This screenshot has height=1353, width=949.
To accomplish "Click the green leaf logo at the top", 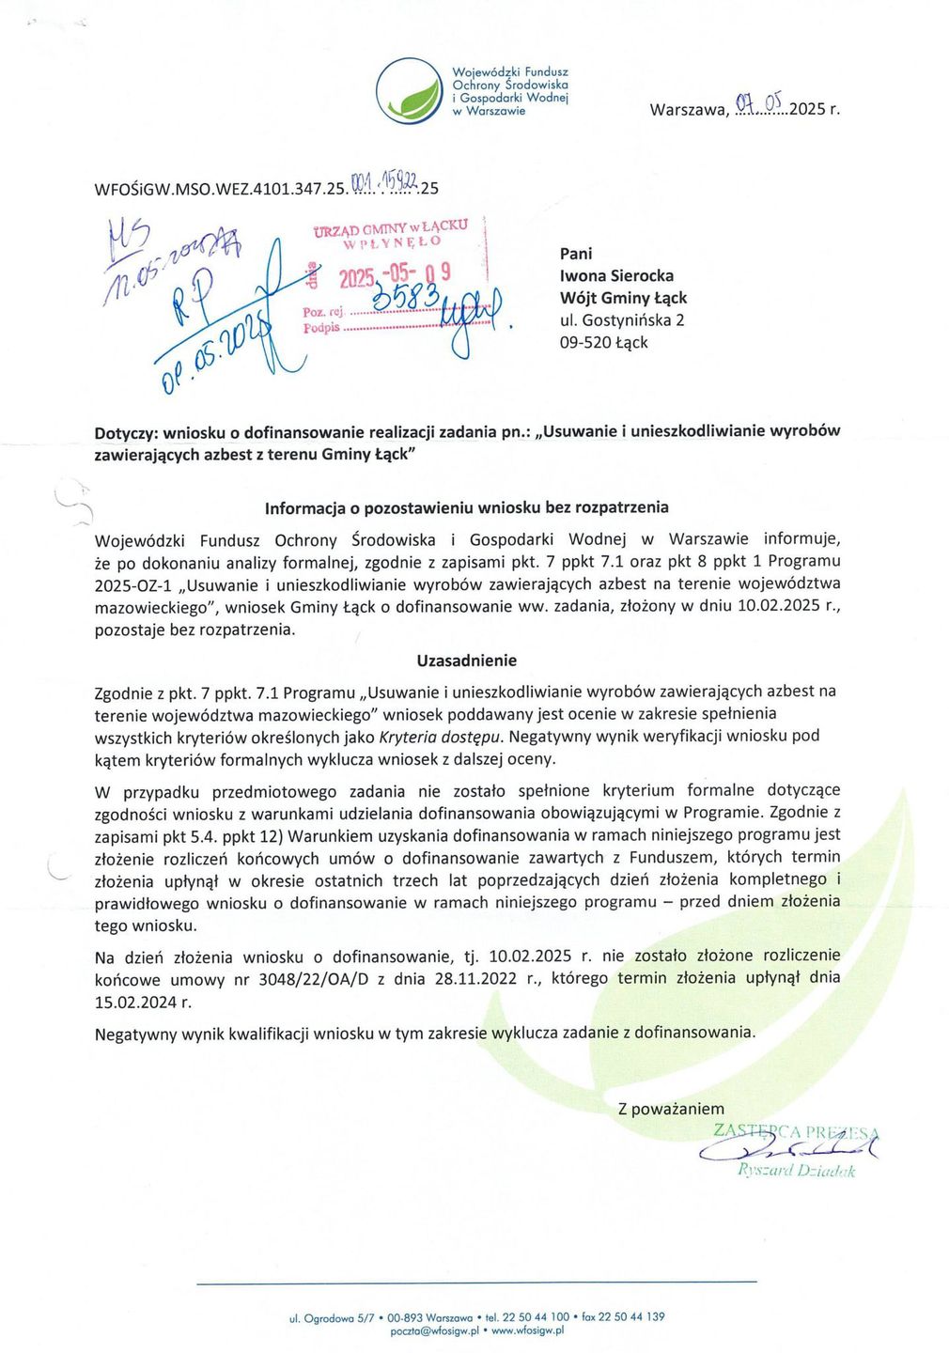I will tap(410, 91).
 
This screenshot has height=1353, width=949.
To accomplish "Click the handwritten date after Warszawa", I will tap(759, 105).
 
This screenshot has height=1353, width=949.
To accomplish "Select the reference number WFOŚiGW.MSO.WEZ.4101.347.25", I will tap(220, 189).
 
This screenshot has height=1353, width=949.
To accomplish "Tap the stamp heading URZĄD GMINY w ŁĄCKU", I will tap(390, 226).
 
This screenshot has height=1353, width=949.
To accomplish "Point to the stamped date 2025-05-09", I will tap(395, 275).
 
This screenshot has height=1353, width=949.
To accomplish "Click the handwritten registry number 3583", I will tap(407, 299).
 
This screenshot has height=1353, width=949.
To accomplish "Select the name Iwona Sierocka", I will tap(616, 275).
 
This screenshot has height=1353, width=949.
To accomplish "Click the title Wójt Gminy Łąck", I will tap(623, 298).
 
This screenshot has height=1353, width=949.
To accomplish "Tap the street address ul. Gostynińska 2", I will tap(622, 320).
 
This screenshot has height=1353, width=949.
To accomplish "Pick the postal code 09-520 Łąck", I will tap(603, 342).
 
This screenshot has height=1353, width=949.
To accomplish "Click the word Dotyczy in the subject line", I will tap(126, 433).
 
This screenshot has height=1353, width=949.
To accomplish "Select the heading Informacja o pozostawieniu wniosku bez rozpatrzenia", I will tap(467, 508).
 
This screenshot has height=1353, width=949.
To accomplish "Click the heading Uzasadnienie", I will tap(467, 661).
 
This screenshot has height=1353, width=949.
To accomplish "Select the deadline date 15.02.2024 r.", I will tap(143, 1002).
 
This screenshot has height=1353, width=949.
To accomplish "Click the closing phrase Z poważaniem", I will tap(671, 1109).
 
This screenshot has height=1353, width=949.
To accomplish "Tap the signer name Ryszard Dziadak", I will tap(797, 1171).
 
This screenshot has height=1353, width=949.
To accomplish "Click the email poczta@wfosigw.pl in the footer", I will tap(434, 1330).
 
